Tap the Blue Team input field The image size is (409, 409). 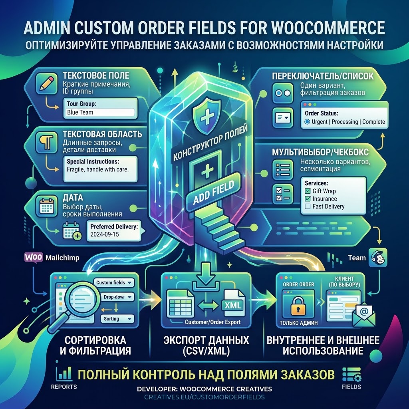point(100,112)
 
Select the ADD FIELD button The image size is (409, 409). point(214,192)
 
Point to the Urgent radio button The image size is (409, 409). point(307,121)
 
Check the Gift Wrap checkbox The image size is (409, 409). point(308,191)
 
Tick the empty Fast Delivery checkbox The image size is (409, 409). point(308,206)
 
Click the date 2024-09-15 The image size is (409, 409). point(104,234)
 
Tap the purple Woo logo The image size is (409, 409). point(34,258)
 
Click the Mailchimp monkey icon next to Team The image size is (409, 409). point(378,258)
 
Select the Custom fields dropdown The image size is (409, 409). point(114,282)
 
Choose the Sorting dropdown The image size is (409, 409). point(117,319)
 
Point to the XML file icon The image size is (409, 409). point(233,303)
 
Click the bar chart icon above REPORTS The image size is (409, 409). point(64,373)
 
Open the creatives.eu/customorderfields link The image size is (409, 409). point(204,397)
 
